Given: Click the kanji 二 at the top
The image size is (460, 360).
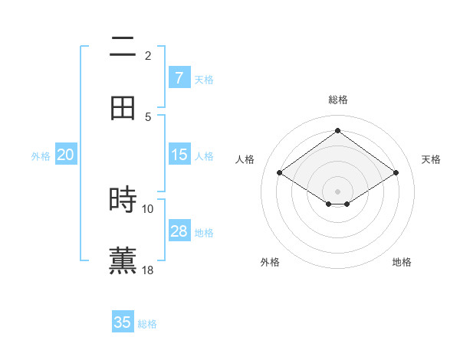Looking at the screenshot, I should coord(123,48).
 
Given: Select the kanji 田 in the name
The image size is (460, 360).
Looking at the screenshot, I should coord(123,107).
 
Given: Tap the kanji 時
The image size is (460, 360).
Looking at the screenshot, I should coord(123,200).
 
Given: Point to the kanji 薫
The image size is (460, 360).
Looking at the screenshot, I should coord(123,260).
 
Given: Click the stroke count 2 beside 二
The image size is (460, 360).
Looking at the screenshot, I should coord(148,55).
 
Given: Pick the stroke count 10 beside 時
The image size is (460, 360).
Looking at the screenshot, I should coord(148,208).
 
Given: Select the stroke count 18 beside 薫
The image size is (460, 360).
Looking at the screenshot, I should coord(148,270).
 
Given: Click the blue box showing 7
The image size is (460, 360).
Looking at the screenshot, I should coord(179,78).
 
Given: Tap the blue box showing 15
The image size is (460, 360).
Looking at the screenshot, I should coord(179,155).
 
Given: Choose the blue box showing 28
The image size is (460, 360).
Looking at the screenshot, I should coord(179,231).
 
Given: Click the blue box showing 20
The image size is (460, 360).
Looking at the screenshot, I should coord(65,155).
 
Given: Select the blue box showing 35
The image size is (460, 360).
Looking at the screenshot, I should coord(123,322).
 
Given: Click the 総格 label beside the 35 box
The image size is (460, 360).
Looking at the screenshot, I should coord(148,324).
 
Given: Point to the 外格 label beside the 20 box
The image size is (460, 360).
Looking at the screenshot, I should coord(41,156).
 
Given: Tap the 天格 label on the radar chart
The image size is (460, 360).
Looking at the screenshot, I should coord(432,159).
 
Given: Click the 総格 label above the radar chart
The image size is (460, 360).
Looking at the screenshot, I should coord(338,100).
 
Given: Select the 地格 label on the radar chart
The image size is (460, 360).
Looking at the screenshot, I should coord(402,263).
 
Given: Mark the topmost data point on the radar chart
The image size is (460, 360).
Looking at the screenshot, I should coord(337,130).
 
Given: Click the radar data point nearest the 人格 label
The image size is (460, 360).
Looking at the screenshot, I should coord(280,173).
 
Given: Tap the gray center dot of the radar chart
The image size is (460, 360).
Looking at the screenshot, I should coord(337,191).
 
